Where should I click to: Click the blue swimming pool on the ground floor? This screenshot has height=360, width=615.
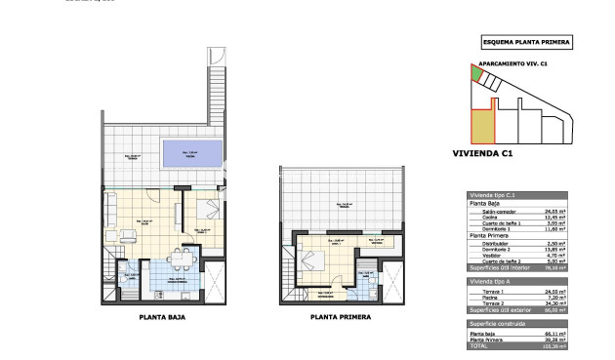point(191,152)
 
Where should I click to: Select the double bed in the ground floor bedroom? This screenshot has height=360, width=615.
point(210,209)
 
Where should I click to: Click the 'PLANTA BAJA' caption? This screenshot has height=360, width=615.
point(162,317)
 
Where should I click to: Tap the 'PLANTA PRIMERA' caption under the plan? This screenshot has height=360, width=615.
point(338,317)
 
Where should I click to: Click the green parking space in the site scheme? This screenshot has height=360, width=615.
point(476,73)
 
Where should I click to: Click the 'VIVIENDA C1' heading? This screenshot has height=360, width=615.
point(483,153)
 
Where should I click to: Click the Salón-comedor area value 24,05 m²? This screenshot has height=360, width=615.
point(556,211)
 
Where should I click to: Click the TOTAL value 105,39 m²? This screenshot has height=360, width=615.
point(556,345)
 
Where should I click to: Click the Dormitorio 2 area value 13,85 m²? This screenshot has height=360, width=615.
point(556,249)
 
